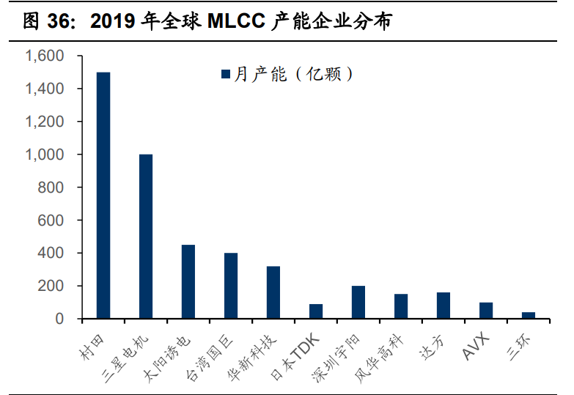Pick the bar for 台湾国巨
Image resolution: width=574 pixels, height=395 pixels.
(x=231, y=286)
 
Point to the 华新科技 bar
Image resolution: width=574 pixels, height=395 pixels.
(x=273, y=292)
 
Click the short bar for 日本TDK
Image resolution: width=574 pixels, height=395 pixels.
(x=316, y=311)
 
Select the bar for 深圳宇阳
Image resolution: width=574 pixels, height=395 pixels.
(x=358, y=302)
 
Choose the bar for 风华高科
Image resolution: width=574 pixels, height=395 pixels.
(x=401, y=306)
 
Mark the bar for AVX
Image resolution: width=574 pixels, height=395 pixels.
(x=486, y=310)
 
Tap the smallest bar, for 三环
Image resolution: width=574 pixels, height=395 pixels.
(x=529, y=315)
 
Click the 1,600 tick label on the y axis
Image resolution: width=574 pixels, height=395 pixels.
(x=45, y=56)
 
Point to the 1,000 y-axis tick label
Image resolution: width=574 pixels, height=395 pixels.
(x=45, y=155)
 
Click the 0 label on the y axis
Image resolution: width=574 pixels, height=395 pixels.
(x=61, y=319)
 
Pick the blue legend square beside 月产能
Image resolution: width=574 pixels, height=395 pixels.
(x=226, y=74)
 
